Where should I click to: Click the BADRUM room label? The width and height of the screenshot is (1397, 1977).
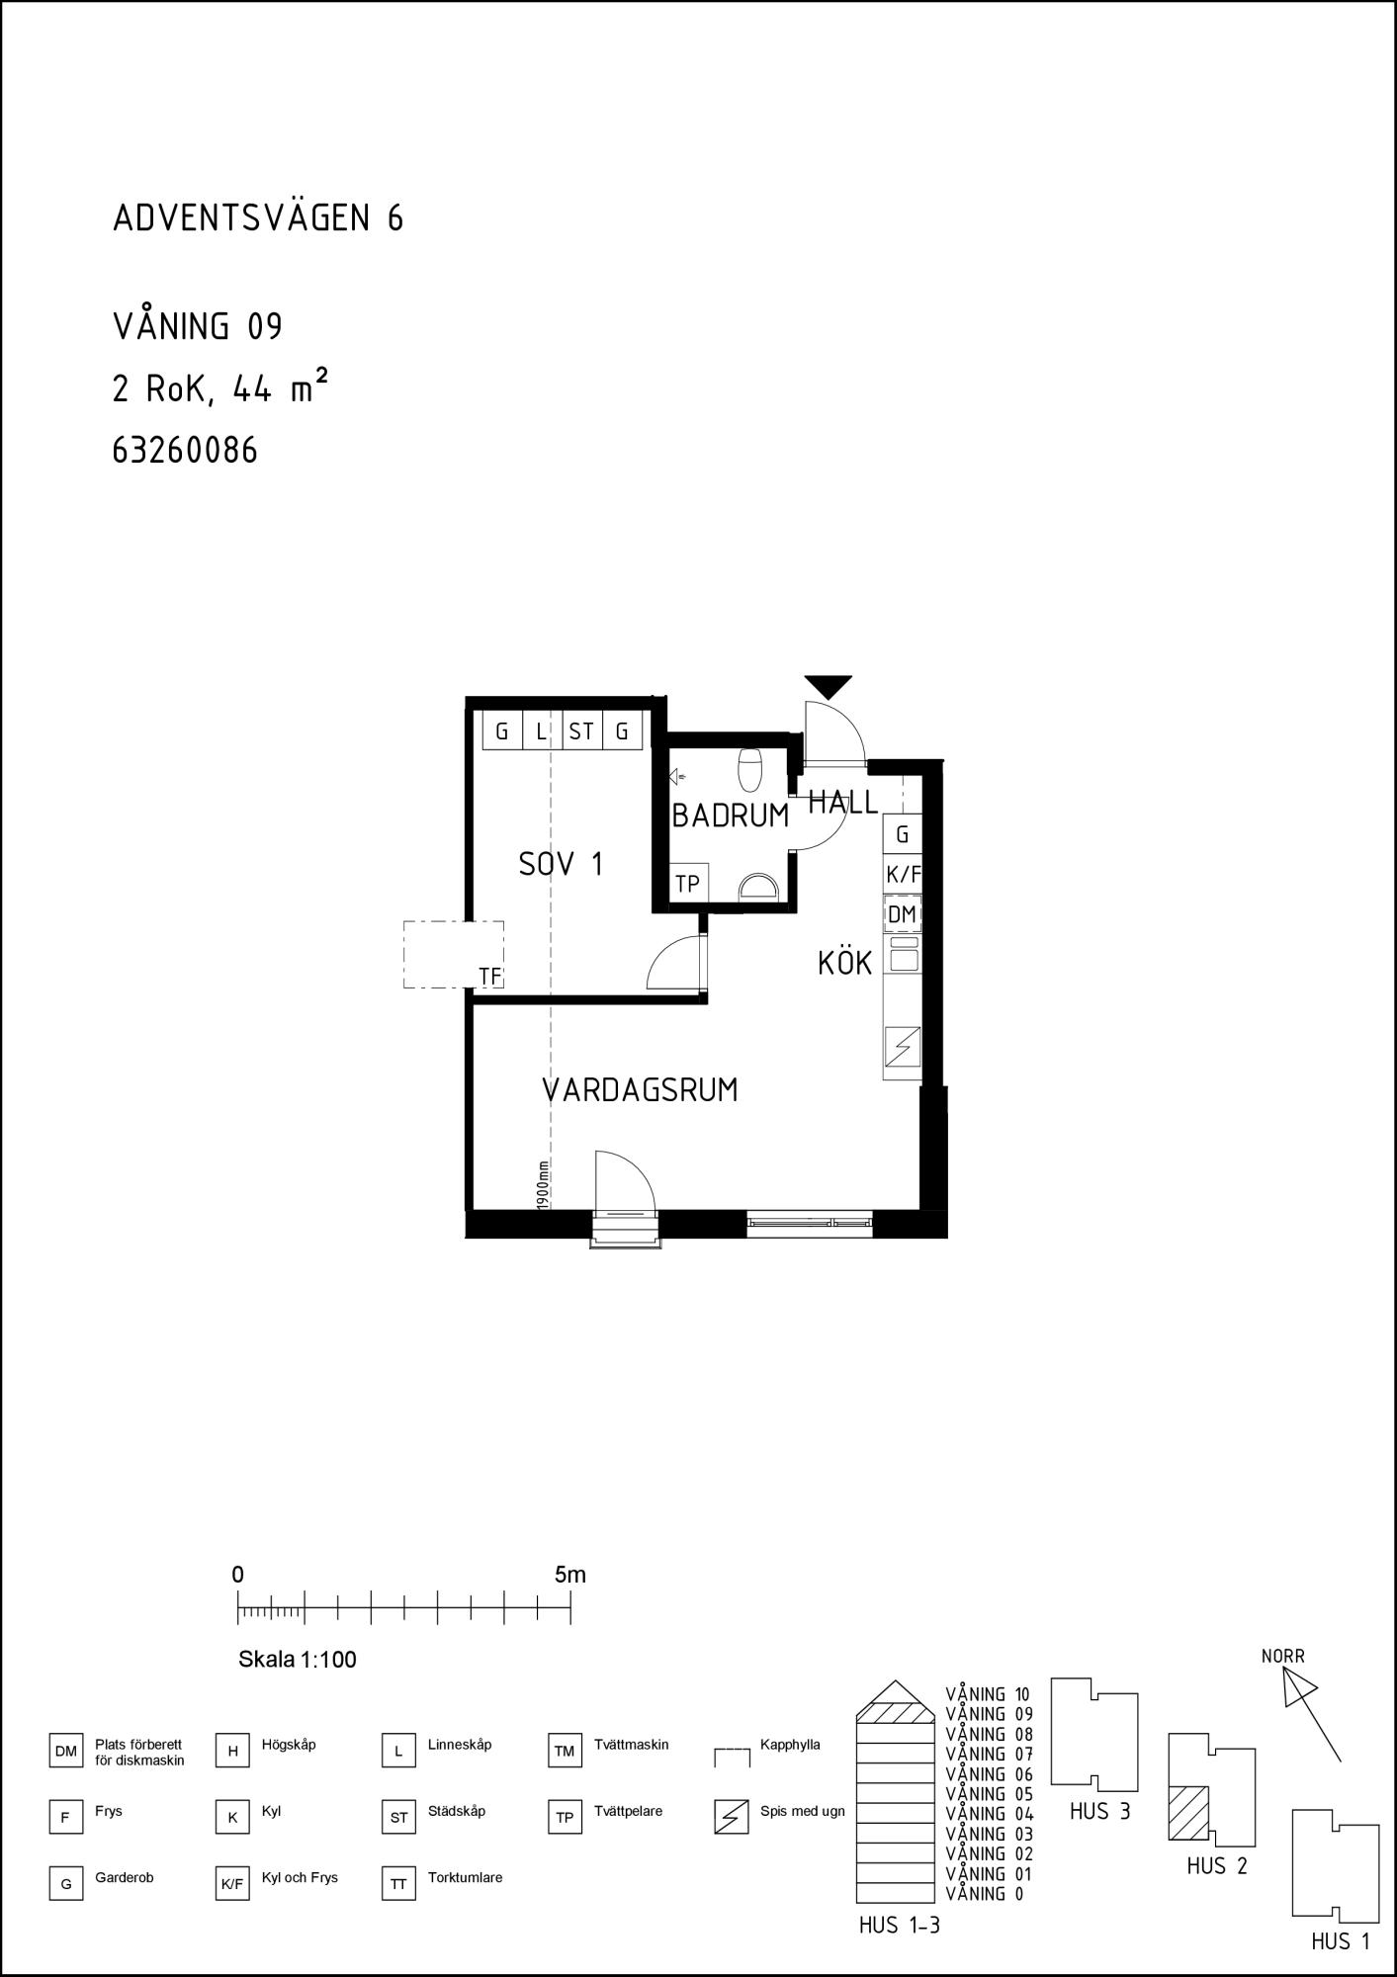click(x=730, y=816)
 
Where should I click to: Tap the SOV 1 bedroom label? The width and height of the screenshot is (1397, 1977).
click(x=561, y=865)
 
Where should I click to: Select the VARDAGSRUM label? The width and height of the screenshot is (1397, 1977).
click(x=640, y=1090)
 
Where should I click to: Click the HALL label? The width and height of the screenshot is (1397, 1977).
click(x=842, y=803)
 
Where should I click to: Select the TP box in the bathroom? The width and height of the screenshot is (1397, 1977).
click(x=688, y=883)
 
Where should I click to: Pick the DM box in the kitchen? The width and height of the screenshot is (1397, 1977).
click(x=902, y=914)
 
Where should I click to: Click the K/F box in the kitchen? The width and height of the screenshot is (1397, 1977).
click(x=903, y=874)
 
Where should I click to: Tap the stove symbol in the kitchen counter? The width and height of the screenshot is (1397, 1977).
click(x=902, y=1046)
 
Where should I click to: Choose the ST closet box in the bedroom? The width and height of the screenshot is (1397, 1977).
click(x=581, y=731)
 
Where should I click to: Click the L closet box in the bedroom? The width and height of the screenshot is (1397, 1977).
click(x=542, y=731)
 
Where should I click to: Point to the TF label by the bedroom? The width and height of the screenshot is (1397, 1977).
click(x=490, y=977)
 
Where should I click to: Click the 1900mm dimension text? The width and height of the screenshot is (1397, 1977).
click(x=543, y=1183)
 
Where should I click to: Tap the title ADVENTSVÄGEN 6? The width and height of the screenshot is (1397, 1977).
click(x=258, y=217)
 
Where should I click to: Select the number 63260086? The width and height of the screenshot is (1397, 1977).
click(x=185, y=451)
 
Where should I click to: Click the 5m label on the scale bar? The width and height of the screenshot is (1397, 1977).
click(x=570, y=1575)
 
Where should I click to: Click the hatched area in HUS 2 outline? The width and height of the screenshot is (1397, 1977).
click(x=1189, y=1812)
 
